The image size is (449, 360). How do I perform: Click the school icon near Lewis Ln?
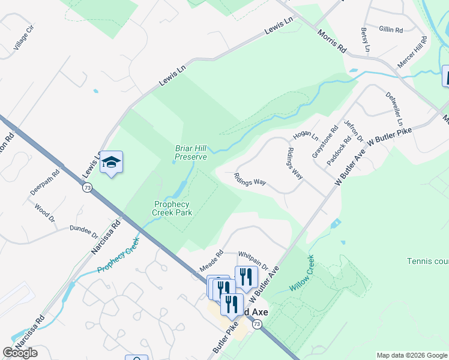[112, 163]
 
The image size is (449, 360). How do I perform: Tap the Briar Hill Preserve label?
[191, 152]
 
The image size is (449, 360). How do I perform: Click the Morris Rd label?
[332, 41]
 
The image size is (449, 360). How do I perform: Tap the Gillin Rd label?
[391, 29]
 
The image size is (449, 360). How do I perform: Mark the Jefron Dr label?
[354, 131]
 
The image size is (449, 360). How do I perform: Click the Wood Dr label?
[44, 213]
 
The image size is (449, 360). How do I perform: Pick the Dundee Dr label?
[83, 231]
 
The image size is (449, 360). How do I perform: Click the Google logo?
[20, 353]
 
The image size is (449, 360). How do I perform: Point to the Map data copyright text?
[411, 355]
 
